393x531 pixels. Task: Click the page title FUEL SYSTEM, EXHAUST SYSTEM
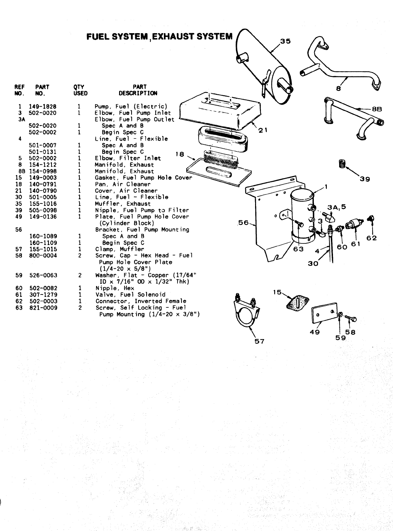pos(159,36)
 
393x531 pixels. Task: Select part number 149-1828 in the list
pos(43,107)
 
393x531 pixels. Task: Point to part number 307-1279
pos(43,295)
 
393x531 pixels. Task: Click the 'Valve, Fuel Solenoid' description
pos(130,295)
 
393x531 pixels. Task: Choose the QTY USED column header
pos(80,90)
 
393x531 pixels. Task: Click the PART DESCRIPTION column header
pos(138,90)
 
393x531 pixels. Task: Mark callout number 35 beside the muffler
pos(286,41)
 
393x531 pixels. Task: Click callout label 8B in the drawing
pos(377,109)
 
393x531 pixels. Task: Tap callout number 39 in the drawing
pos(365,179)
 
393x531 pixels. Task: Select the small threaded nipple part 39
pos(341,164)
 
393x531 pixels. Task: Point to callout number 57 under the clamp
pos(259,341)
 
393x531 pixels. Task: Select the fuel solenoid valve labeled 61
pos(353,224)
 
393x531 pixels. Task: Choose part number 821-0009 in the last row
pos(43,308)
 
